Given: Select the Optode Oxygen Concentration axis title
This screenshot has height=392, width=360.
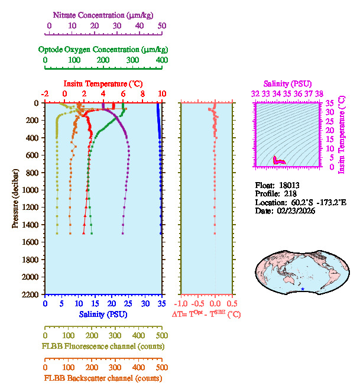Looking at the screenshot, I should coord(103,49).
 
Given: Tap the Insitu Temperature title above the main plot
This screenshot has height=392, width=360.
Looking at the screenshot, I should coord(103,84).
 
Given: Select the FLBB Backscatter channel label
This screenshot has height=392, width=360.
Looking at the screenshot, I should coord(103,378).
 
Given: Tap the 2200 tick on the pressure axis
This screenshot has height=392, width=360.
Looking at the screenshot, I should coord(31,294).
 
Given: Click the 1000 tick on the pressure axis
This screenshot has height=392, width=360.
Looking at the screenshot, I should coord(31,190).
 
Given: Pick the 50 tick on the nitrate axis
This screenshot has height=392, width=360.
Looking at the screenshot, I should coord(162,27).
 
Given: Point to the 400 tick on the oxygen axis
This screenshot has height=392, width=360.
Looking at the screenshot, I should coord(161,60).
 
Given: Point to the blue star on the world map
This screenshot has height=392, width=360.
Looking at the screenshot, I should coord(303,289).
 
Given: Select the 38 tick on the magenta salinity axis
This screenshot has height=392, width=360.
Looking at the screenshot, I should coord(319,93).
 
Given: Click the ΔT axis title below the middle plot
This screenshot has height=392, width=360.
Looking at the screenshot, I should coord(206,314).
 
